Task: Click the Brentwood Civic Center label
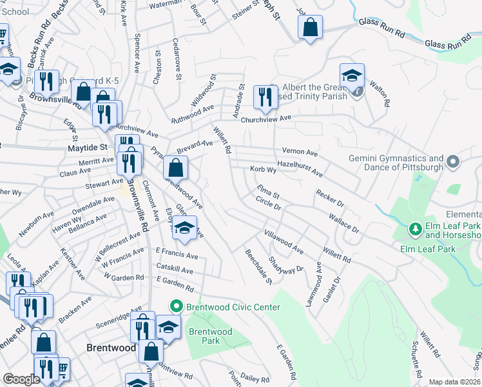(x=233, y=307)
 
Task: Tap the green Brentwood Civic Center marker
(x=175, y=307)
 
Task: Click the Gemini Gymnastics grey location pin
(x=453, y=161)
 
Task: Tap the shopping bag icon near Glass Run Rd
(x=311, y=28)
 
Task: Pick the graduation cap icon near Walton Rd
(x=352, y=76)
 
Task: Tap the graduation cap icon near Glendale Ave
(x=185, y=229)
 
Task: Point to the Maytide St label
(x=86, y=148)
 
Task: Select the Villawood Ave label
(x=284, y=241)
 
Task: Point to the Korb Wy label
(x=263, y=170)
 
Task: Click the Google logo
(x=22, y=379)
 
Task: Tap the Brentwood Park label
(x=210, y=336)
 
